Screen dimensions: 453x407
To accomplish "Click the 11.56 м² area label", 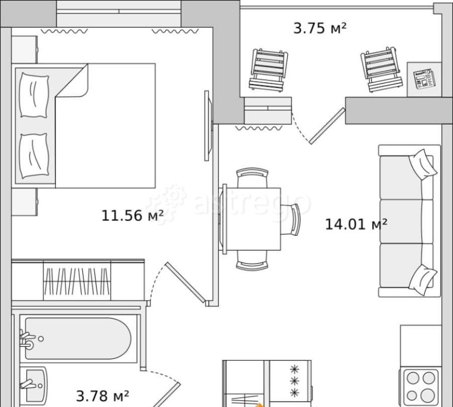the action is pyautogui.click(x=132, y=216).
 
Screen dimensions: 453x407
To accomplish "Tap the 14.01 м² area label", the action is pyautogui.click(x=356, y=224).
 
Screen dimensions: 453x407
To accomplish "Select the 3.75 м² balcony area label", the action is pyautogui.click(x=319, y=28).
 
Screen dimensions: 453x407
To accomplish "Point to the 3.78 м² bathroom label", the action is pyautogui.click(x=102, y=396).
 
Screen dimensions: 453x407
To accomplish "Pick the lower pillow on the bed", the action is pyautogui.click(x=34, y=156).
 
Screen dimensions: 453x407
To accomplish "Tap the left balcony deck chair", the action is pyautogui.click(x=269, y=70).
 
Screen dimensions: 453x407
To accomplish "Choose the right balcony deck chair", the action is pyautogui.click(x=381, y=69).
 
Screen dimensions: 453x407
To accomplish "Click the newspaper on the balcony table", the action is pyautogui.click(x=424, y=78).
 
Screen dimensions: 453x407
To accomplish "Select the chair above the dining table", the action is pyautogui.click(x=252, y=177).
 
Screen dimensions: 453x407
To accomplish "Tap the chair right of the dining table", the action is pyautogui.click(x=291, y=219).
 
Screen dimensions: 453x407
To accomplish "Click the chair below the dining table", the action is pyautogui.click(x=252, y=260).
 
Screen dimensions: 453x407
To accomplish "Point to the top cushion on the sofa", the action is pyautogui.click(x=423, y=164).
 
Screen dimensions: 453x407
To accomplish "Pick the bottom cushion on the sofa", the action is pyautogui.click(x=423, y=280).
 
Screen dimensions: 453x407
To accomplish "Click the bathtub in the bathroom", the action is pyautogui.click(x=78, y=338).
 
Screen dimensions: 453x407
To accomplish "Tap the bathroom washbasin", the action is pyautogui.click(x=34, y=385).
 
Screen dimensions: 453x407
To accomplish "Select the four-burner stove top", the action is pyautogui.click(x=421, y=386).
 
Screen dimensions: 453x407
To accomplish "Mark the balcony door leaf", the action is pyautogui.click(x=327, y=126).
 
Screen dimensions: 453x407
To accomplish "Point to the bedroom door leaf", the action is pyautogui.click(x=185, y=282).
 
